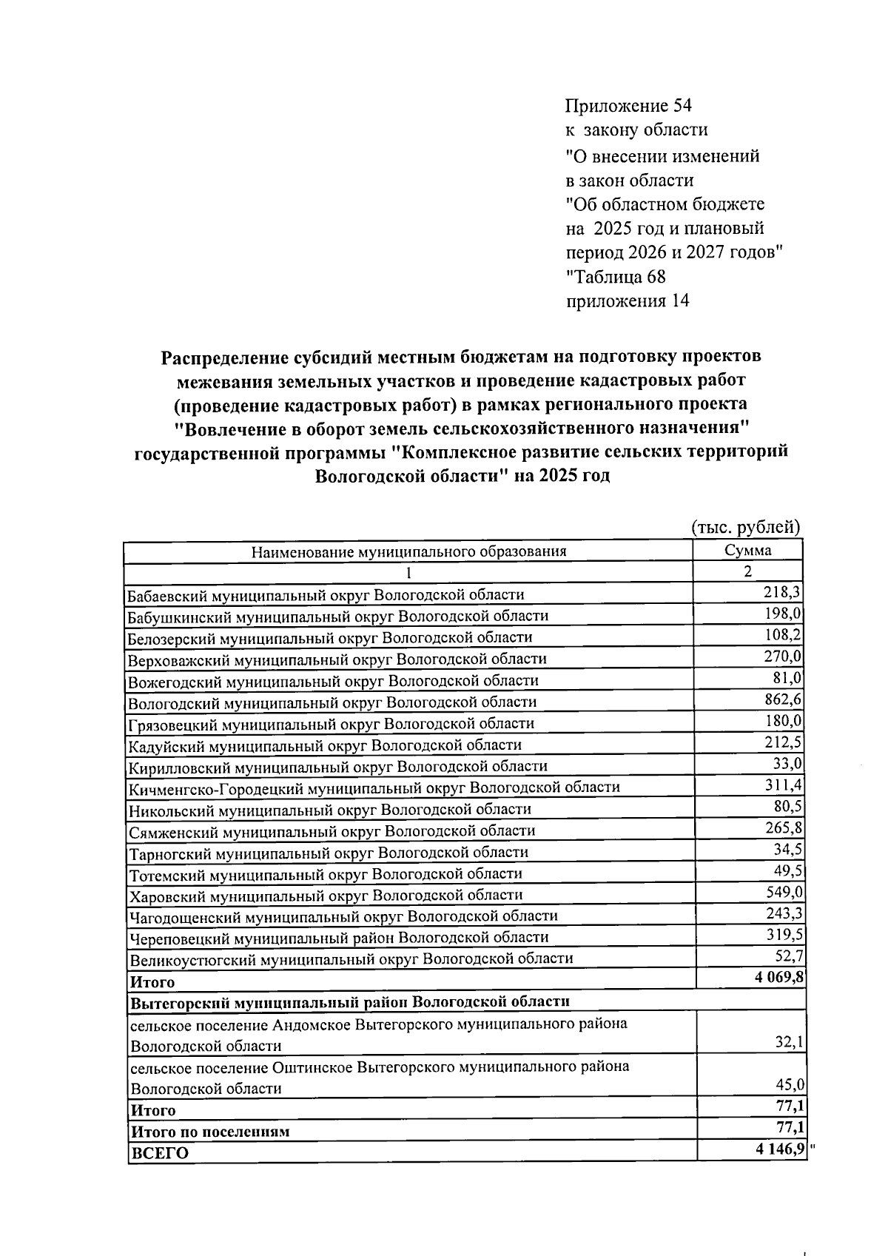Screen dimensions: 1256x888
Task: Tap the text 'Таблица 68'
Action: point(616,277)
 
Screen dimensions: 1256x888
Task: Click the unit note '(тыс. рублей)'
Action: point(746,527)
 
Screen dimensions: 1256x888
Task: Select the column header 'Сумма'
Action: point(747,550)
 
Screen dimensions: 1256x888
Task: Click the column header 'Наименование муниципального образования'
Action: point(408,551)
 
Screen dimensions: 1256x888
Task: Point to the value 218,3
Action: point(783,592)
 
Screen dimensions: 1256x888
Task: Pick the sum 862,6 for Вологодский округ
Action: point(783,699)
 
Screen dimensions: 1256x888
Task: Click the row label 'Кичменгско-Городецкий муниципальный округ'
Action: point(374,787)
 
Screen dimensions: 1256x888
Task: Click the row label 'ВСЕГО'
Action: point(160,1154)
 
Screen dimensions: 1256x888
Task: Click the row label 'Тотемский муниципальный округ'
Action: point(326,873)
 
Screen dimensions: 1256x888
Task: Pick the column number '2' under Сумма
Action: point(747,571)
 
